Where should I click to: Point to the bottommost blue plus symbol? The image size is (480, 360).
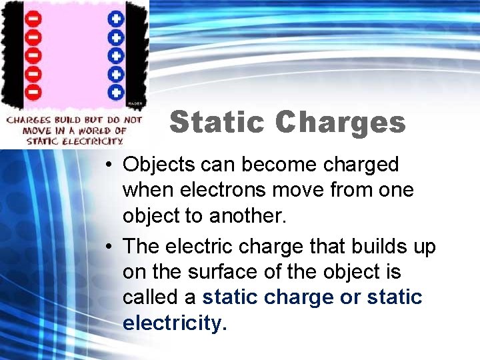tap(117, 91)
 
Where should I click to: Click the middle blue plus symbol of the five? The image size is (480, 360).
tap(117, 54)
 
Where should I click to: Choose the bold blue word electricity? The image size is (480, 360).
tap(175, 323)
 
